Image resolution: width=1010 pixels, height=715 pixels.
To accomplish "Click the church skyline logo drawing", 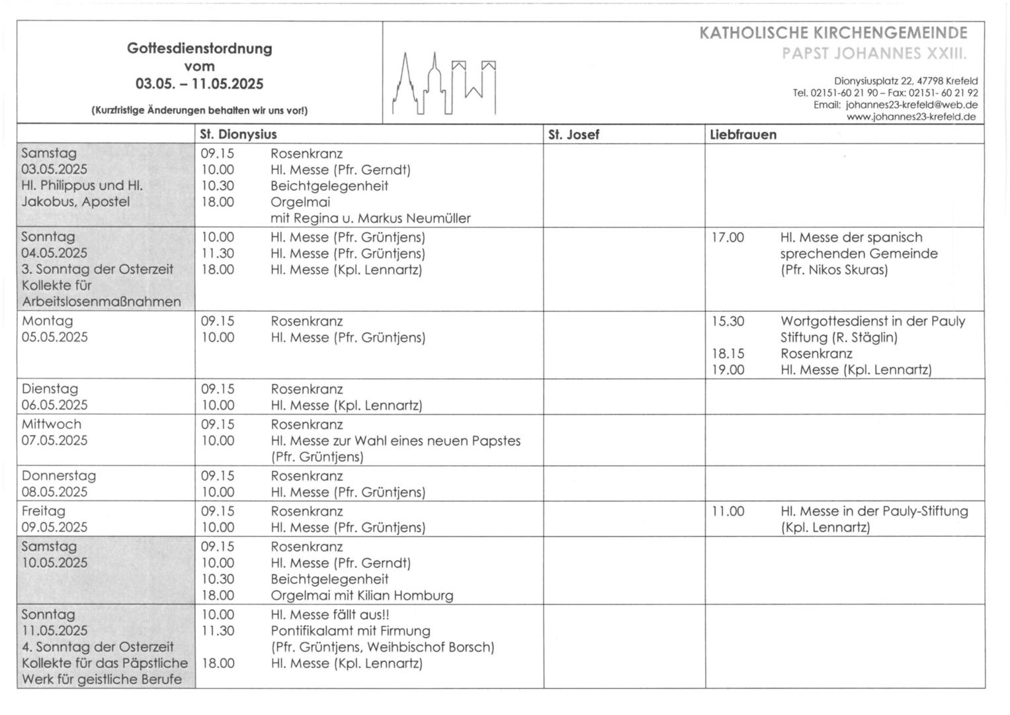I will tap(444, 84).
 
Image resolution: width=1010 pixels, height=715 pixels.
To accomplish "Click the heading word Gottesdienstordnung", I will tap(199, 48).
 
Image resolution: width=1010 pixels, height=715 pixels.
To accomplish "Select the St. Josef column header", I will tap(573, 135).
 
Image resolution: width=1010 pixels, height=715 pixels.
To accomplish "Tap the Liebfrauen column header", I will tap(743, 135).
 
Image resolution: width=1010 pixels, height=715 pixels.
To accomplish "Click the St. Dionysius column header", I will tap(238, 134).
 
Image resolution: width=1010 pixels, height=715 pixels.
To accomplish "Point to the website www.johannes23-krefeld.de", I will tap(911, 117).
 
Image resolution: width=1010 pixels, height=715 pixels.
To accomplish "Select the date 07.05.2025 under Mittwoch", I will tap(54, 441).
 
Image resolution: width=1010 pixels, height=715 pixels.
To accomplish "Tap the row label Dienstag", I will tap(50, 389).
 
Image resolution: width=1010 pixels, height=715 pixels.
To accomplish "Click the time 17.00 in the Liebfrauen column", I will tap(728, 238).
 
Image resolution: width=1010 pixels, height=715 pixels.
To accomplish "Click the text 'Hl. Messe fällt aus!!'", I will tap(330, 615).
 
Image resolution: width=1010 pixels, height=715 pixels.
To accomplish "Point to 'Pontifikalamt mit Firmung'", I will tap(351, 631).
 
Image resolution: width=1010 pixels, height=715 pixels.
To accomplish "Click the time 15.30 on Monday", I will tap(728, 322).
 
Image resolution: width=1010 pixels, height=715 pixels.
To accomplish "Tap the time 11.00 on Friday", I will tap(728, 512).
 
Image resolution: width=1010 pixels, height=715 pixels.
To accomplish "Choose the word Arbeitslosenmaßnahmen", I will tap(101, 302).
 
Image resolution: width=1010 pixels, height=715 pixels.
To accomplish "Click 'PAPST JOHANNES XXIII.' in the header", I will tap(874, 53).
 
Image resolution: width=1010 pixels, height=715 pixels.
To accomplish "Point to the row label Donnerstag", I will tap(59, 476).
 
